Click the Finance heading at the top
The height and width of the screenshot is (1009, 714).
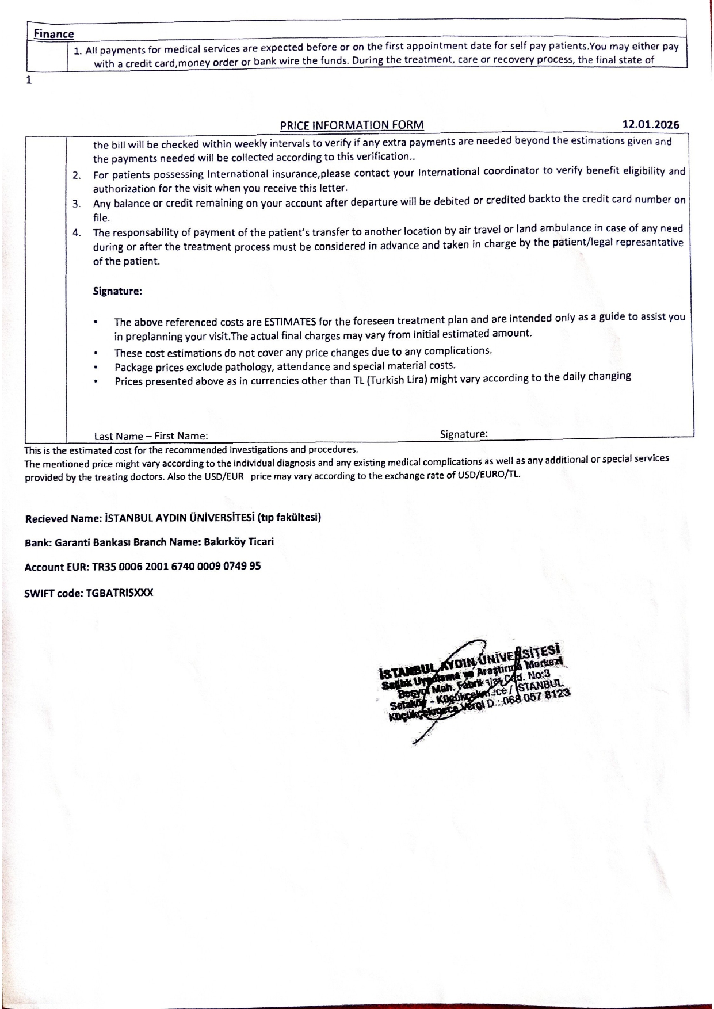click(54, 35)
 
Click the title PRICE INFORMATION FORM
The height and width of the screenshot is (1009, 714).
click(352, 125)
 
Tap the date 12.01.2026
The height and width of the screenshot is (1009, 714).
click(651, 125)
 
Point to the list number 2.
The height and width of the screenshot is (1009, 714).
click(77, 175)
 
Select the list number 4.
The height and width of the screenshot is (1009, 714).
click(77, 233)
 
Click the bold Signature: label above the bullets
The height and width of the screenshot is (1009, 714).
click(117, 291)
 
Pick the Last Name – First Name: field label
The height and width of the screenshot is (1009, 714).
click(151, 436)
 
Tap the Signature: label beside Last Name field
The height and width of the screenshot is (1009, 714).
click(464, 434)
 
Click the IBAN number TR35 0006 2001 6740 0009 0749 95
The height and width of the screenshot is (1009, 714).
click(176, 567)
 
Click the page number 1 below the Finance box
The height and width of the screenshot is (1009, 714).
click(28, 80)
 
